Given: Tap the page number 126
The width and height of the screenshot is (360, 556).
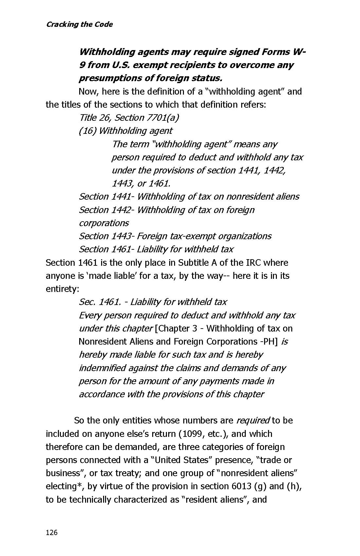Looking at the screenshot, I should (x=52, y=532).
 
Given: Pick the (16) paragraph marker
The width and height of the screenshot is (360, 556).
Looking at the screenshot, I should (x=87, y=131).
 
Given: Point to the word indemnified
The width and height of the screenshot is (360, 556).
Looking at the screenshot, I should (x=102, y=368).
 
